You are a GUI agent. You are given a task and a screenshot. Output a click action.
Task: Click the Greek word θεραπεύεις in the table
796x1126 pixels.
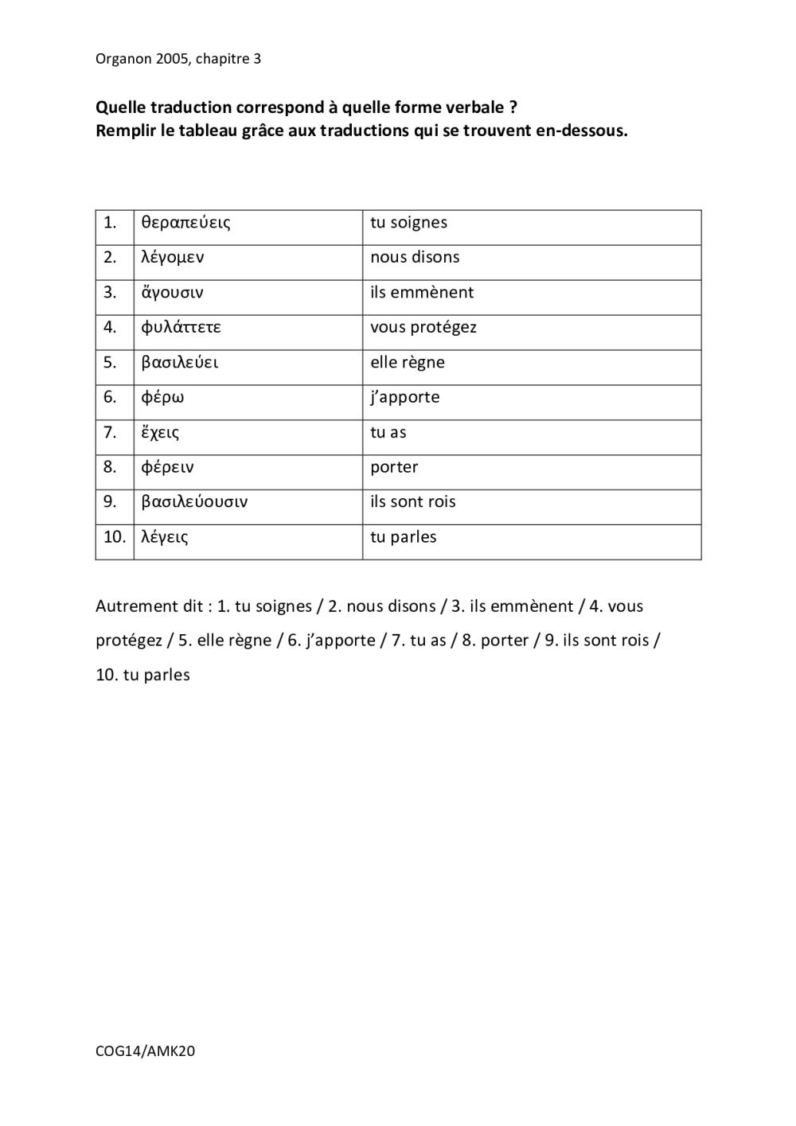[185, 223]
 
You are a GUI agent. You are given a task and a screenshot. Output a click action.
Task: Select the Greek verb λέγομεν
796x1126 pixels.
[172, 258]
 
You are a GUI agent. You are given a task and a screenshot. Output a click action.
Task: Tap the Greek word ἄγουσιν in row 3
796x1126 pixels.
[172, 293]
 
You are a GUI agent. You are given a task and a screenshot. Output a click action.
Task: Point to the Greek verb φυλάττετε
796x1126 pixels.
[181, 328]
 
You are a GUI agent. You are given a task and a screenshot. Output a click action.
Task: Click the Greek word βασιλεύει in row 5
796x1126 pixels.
[179, 363]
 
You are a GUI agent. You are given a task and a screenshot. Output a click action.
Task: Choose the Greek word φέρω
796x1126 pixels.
[162, 398]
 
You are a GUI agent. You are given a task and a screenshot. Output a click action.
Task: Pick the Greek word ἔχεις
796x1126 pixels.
[160, 433]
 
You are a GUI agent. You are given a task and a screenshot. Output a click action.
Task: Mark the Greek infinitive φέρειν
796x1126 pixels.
[167, 468]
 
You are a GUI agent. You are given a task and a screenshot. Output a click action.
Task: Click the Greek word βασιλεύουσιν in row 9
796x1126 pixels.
[194, 502]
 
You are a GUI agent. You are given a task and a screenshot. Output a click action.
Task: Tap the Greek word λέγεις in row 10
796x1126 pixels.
[164, 537]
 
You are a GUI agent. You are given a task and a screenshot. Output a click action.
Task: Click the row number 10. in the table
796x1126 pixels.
[115, 537]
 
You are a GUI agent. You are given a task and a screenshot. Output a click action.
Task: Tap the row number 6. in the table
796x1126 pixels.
[110, 397]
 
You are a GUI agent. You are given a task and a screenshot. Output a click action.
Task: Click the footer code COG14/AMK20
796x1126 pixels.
[145, 1051]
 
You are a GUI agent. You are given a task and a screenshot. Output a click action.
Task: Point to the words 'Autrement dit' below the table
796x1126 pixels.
[149, 606]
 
